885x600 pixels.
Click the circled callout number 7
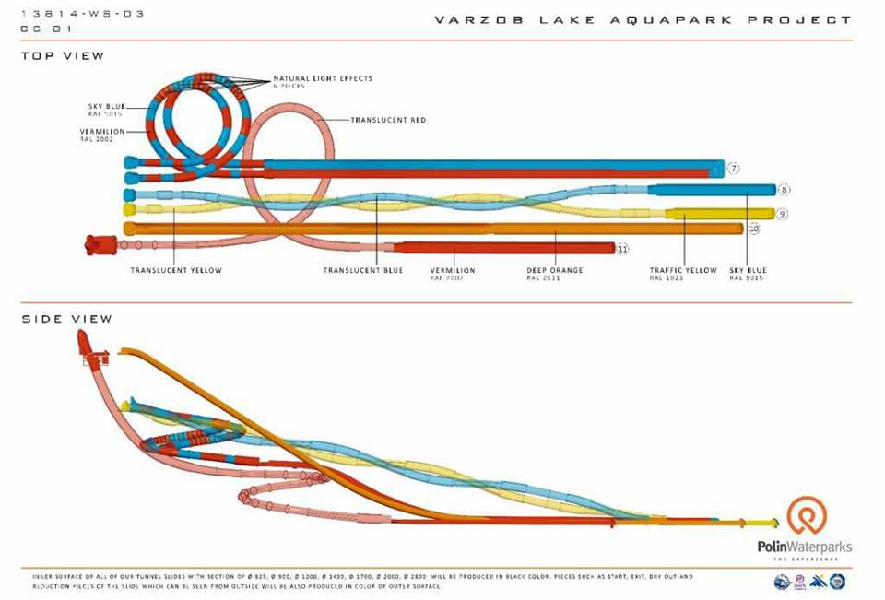pyautogui.click(x=734, y=168)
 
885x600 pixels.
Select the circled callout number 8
pyautogui.click(x=784, y=190)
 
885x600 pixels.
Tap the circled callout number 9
pyautogui.click(x=781, y=214)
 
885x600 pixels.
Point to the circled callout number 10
pyautogui.click(x=753, y=228)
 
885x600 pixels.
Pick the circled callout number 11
pyautogui.click(x=623, y=248)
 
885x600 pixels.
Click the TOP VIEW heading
pyautogui.click(x=63, y=56)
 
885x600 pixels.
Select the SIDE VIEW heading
pyautogui.click(x=66, y=319)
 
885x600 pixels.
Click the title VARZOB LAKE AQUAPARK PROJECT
pyautogui.click(x=643, y=19)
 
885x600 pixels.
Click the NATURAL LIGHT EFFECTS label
pyautogui.click(x=323, y=79)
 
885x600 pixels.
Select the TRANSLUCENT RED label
pyautogui.click(x=388, y=120)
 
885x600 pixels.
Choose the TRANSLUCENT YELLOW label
pyautogui.click(x=176, y=270)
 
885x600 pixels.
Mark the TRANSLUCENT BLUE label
pyautogui.click(x=362, y=270)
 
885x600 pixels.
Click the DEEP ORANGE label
pyautogui.click(x=555, y=270)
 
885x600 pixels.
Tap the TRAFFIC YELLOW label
pyautogui.click(x=682, y=270)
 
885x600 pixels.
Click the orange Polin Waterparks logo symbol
pyautogui.click(x=807, y=516)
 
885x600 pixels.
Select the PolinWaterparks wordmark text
pyautogui.click(x=805, y=547)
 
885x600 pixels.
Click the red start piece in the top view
pyautogui.click(x=99, y=244)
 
